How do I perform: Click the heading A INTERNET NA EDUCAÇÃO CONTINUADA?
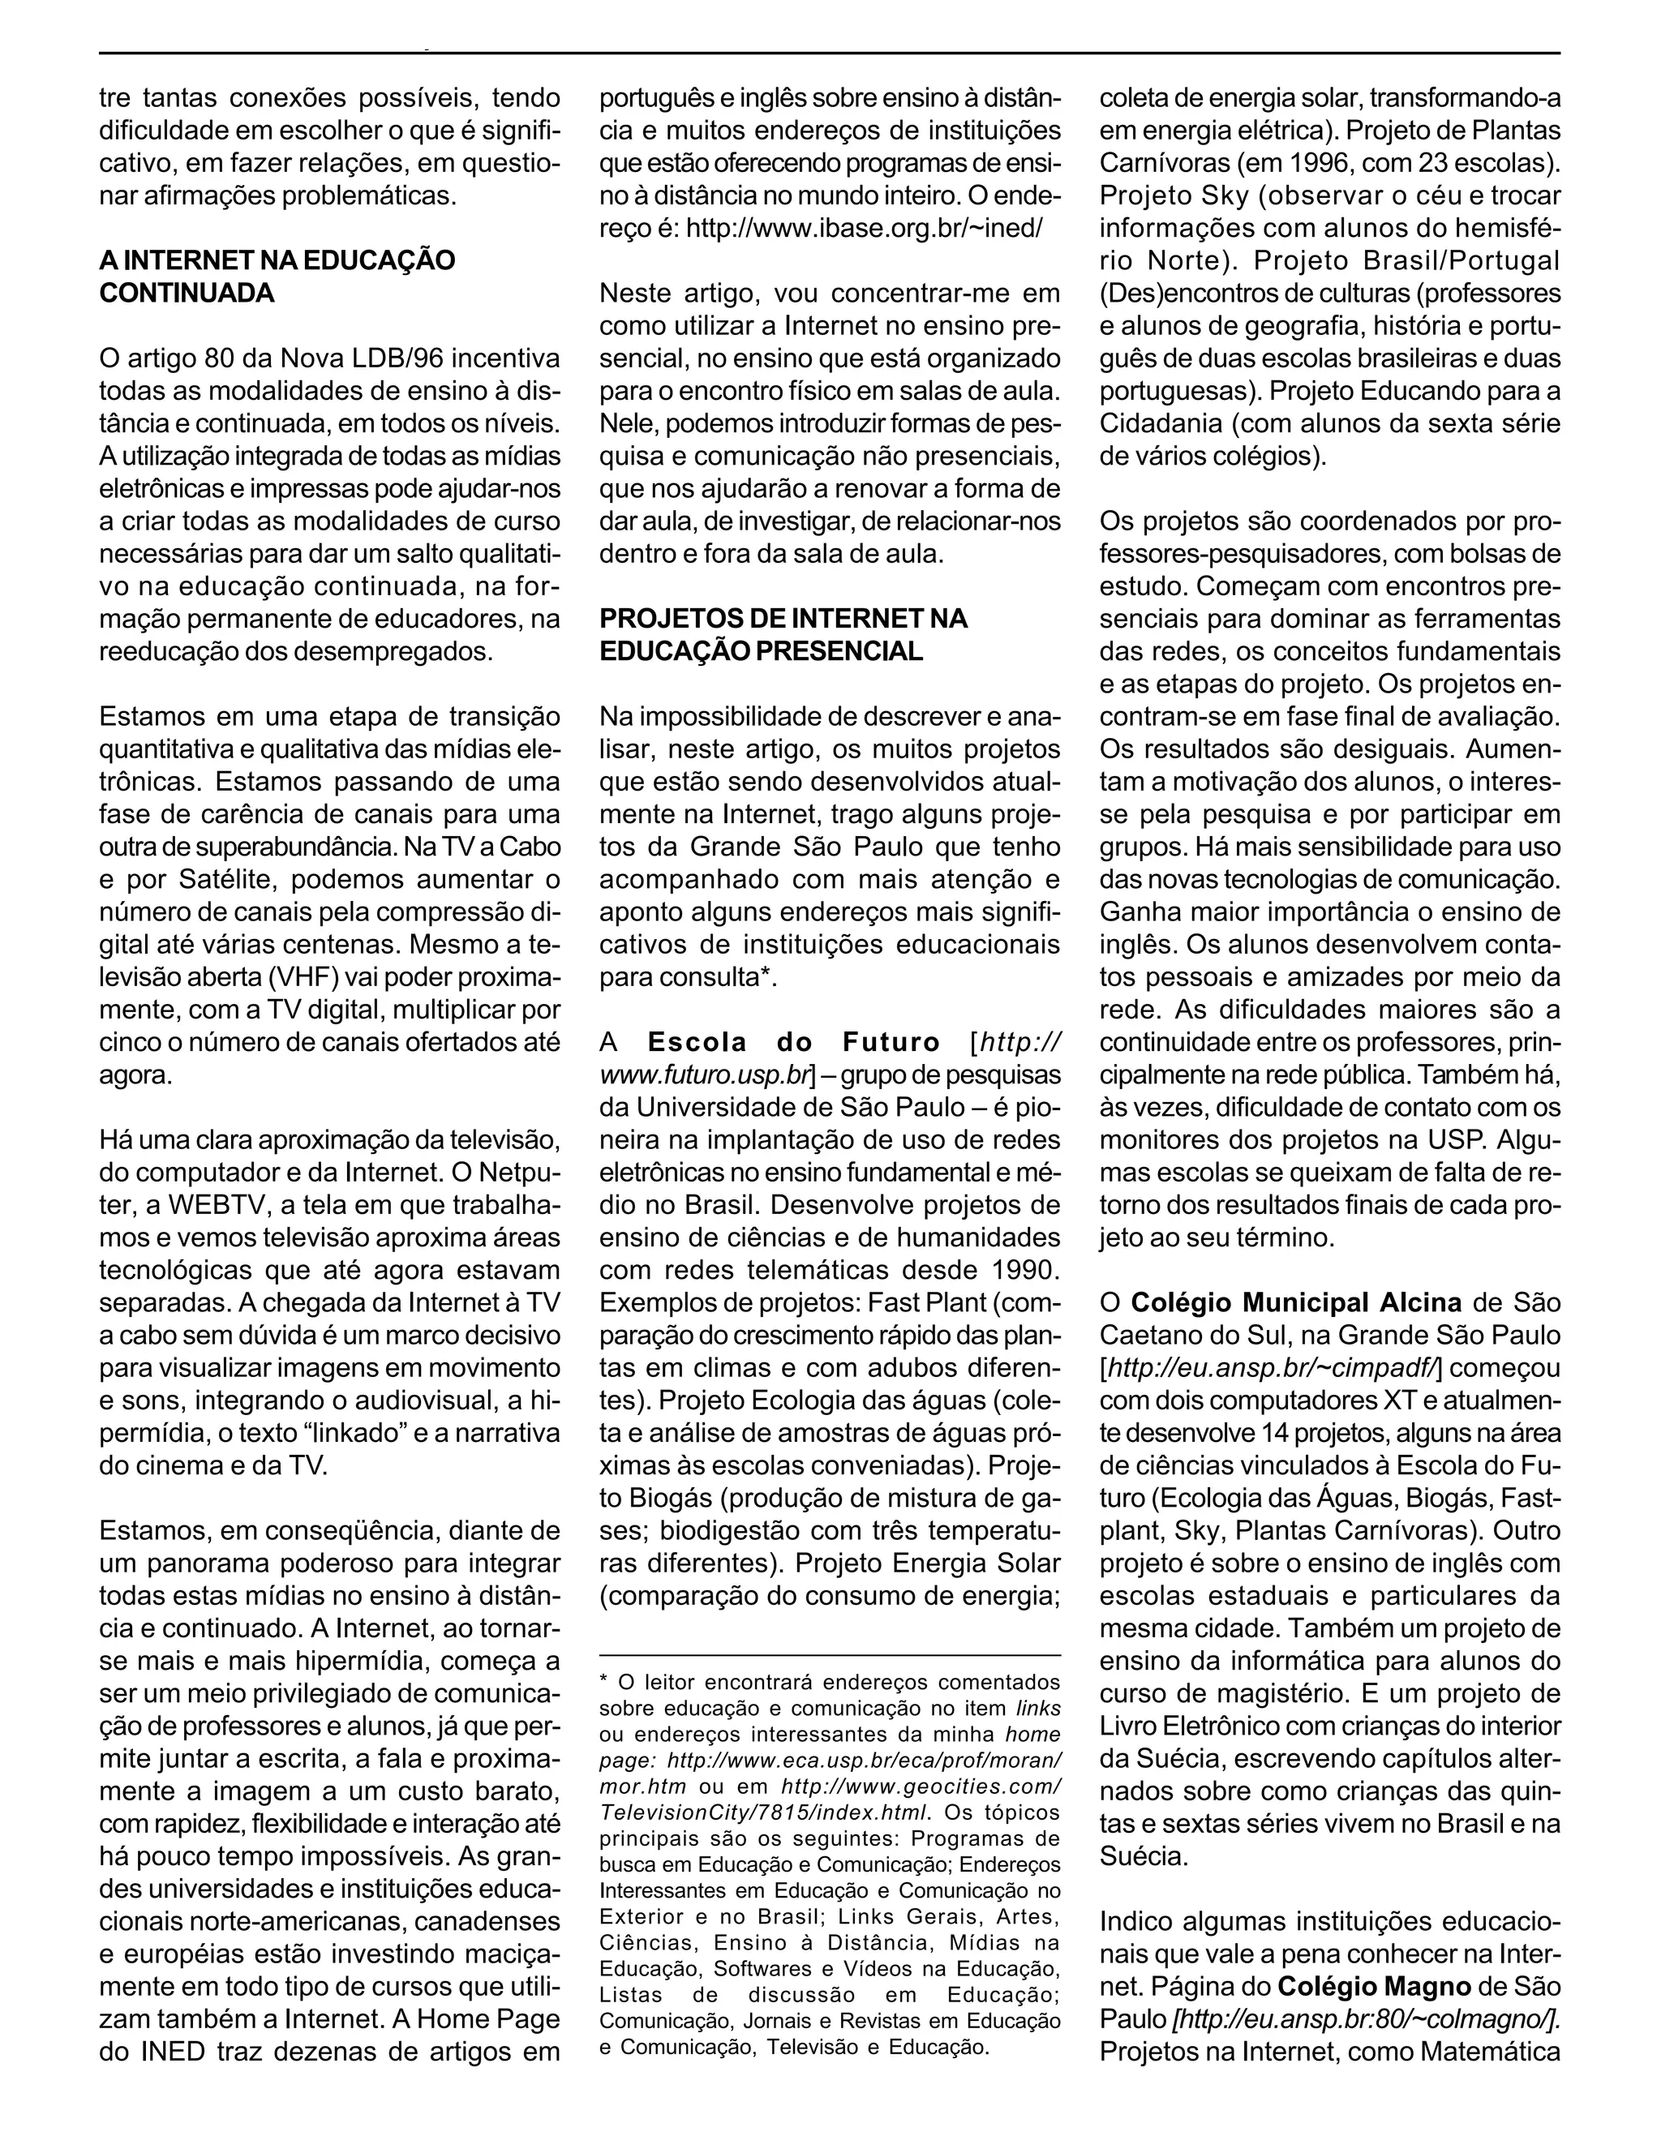pyautogui.click(x=277, y=277)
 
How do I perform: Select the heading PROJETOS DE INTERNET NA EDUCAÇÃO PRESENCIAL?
pyautogui.click(x=783, y=635)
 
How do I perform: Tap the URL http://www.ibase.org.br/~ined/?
pyautogui.click(x=863, y=227)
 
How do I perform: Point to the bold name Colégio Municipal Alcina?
pyautogui.click(x=1295, y=1303)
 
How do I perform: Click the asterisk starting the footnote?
pyautogui.click(x=604, y=1683)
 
